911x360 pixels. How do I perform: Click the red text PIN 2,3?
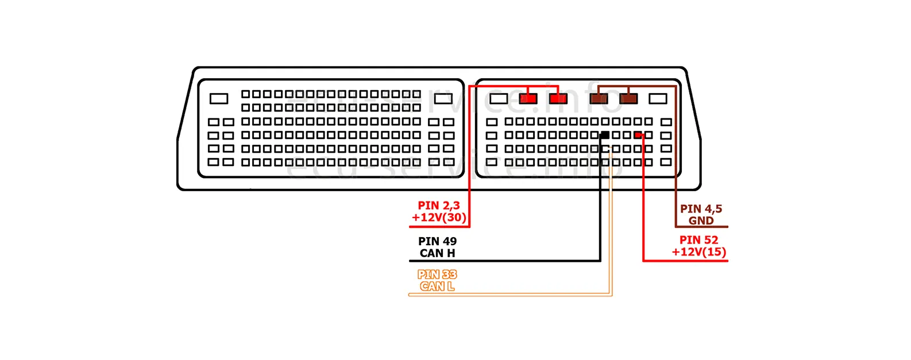[438, 206]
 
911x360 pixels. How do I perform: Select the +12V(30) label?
[439, 218]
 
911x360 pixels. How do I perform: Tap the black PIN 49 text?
[437, 241]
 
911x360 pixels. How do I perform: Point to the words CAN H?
[437, 253]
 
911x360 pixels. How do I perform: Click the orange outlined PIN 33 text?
[437, 274]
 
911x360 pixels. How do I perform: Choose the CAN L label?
[437, 287]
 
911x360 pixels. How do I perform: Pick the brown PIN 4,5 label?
[701, 209]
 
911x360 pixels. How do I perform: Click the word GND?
[701, 220]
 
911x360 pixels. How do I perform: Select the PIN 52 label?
[698, 240]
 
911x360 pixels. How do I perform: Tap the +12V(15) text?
[698, 252]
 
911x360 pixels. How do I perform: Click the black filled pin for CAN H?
[604, 136]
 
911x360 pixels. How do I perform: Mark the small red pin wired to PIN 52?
[638, 136]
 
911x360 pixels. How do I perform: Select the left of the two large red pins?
[528, 99]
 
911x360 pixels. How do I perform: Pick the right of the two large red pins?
[558, 99]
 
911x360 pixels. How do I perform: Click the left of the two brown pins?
[599, 99]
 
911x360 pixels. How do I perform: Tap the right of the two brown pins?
[628, 99]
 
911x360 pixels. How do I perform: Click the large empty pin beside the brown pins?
[658, 99]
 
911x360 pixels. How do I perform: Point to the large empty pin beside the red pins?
[498, 99]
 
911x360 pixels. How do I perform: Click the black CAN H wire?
[600, 218]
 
